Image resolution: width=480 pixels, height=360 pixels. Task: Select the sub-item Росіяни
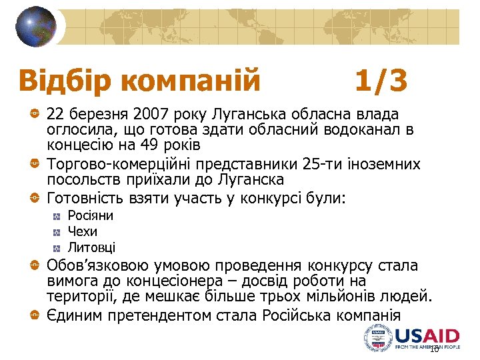tap(91, 215)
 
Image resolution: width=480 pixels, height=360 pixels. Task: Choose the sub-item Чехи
tap(83, 231)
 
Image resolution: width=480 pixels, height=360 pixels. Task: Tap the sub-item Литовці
tap(91, 247)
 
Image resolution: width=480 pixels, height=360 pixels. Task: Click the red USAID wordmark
tap(427, 335)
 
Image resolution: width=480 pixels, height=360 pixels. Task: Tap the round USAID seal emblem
tap(379, 339)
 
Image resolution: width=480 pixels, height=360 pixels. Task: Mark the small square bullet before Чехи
tap(57, 232)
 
